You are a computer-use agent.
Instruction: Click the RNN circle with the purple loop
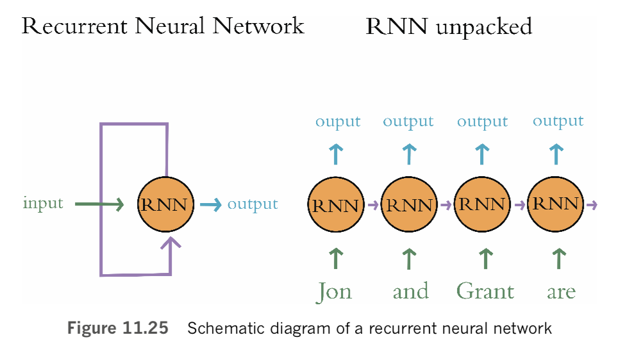click(x=166, y=206)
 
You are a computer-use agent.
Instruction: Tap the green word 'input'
click(x=43, y=204)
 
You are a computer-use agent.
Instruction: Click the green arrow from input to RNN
click(x=99, y=205)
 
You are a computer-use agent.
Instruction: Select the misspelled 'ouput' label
click(x=338, y=122)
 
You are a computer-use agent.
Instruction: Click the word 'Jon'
click(x=334, y=291)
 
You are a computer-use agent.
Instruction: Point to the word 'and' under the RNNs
click(x=410, y=291)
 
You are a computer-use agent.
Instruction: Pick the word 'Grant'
click(x=485, y=291)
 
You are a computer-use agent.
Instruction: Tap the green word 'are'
click(x=561, y=292)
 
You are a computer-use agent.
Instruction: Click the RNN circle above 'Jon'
click(x=337, y=206)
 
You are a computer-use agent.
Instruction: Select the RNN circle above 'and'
click(x=409, y=206)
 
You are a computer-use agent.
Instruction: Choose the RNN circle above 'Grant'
click(x=482, y=206)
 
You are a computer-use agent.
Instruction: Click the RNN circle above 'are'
click(x=556, y=205)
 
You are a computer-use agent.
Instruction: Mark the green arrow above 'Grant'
click(x=485, y=258)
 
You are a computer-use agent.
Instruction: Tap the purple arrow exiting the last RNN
click(x=592, y=205)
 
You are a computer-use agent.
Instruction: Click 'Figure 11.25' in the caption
click(x=118, y=329)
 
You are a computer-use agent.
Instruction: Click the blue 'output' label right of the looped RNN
click(x=253, y=204)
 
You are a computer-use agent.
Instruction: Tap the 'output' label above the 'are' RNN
click(x=558, y=121)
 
